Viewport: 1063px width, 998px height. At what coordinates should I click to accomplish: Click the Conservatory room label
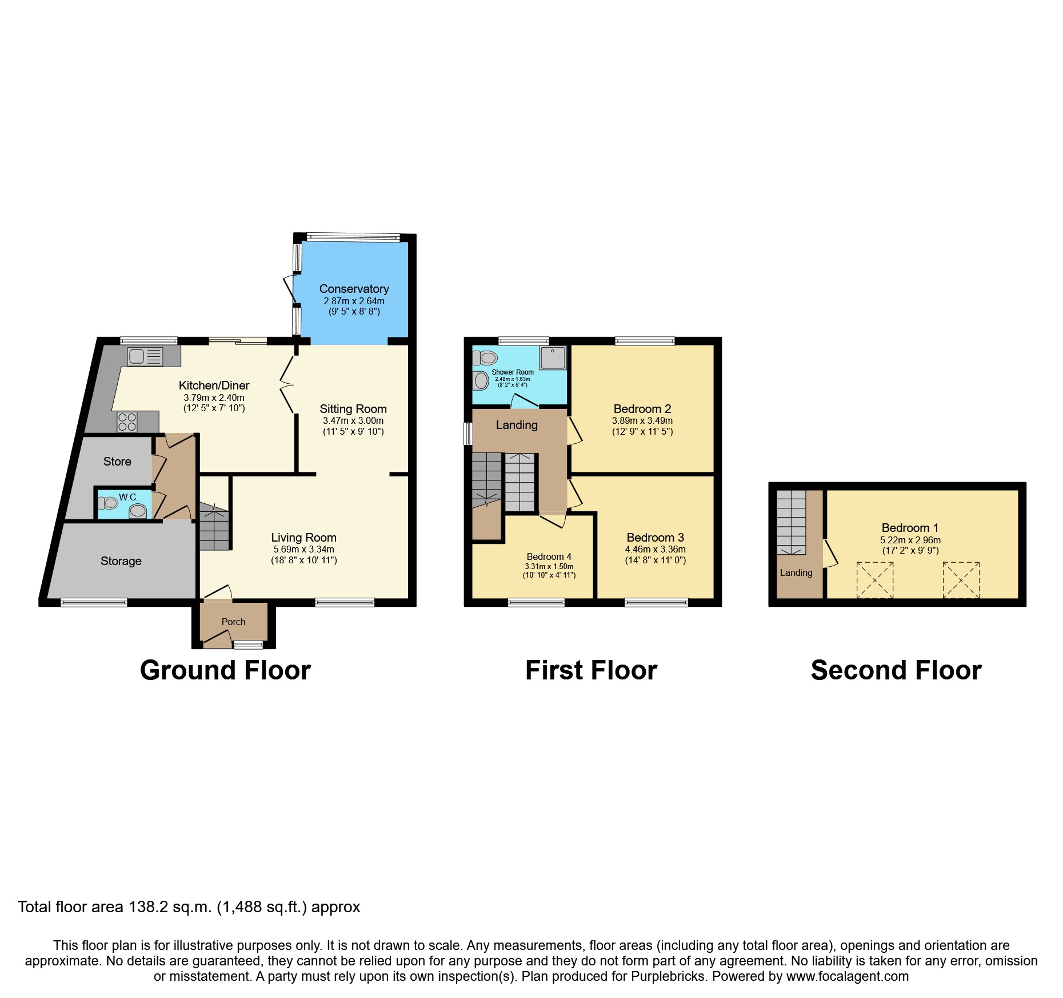click(354, 289)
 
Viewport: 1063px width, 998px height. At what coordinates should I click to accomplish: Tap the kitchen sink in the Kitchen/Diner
click(145, 356)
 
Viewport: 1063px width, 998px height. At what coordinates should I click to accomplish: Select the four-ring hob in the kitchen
click(127, 422)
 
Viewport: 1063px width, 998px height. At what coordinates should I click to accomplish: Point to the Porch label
click(233, 622)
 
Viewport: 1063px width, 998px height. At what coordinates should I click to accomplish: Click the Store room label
click(117, 462)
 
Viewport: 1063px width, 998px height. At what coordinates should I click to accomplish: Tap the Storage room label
click(121, 561)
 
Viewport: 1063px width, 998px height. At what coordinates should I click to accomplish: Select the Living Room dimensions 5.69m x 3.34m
click(303, 549)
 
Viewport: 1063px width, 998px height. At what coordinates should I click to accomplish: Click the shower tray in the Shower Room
click(553, 357)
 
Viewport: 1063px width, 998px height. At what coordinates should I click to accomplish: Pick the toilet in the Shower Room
click(485, 358)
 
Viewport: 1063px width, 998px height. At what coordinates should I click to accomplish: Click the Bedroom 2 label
click(642, 409)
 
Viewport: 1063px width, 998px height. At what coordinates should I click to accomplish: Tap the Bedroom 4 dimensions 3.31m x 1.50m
click(549, 566)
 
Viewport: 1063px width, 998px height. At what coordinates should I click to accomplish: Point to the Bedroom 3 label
click(655, 538)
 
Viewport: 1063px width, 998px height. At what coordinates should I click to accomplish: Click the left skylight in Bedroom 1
click(874, 580)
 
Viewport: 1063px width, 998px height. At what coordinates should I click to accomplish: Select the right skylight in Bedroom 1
click(961, 580)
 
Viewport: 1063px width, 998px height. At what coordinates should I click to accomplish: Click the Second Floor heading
click(896, 670)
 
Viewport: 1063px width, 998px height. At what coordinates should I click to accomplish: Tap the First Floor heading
click(591, 670)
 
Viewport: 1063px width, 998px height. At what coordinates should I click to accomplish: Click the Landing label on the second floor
click(796, 573)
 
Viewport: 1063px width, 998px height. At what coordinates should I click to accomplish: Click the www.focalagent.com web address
click(847, 976)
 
